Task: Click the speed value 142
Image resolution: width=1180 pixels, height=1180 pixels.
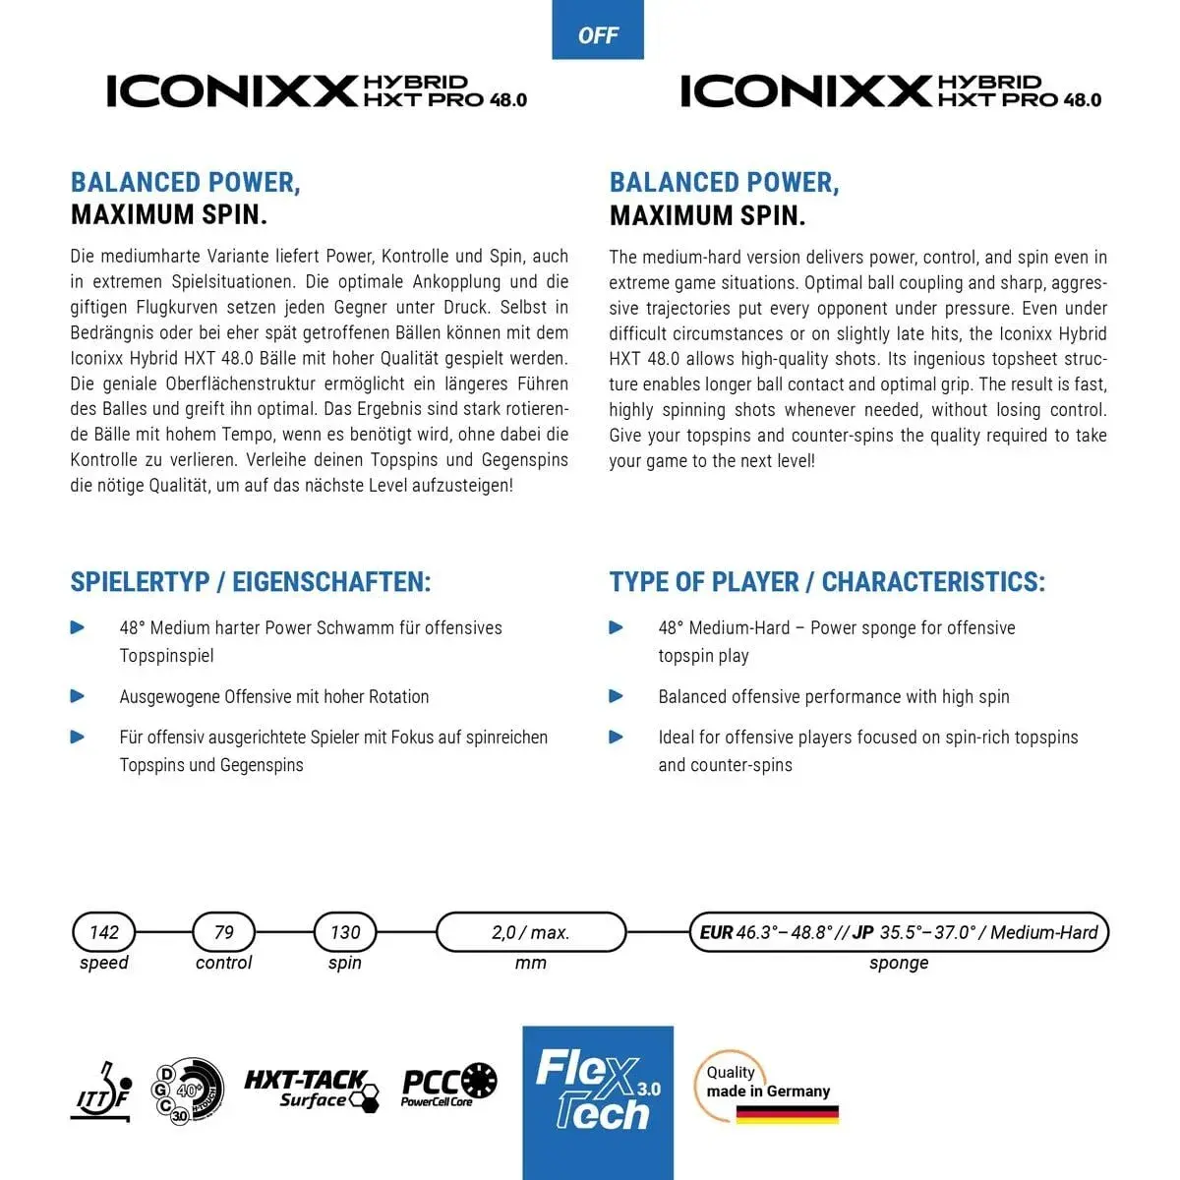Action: (x=103, y=932)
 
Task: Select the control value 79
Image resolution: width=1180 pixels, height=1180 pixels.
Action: (x=224, y=932)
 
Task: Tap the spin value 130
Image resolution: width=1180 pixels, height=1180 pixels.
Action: (x=345, y=932)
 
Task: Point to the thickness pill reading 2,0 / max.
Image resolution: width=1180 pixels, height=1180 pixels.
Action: (x=531, y=932)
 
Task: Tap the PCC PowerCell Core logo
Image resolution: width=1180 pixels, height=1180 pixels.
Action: (x=448, y=1085)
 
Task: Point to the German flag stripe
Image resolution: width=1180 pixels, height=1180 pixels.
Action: (x=787, y=1114)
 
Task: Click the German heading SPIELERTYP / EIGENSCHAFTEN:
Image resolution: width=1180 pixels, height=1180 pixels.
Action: (x=251, y=582)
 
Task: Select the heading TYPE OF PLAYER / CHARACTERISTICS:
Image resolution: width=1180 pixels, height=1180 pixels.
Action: (x=827, y=582)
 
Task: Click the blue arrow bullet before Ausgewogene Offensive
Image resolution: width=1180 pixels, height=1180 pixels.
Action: (x=78, y=696)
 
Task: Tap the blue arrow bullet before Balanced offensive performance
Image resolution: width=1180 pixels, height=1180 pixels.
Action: (x=617, y=696)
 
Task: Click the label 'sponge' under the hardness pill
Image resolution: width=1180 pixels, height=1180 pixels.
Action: (x=899, y=963)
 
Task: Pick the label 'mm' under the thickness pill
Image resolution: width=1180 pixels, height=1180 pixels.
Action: (x=531, y=963)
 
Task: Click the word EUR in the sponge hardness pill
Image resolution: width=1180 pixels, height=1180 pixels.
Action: (x=716, y=932)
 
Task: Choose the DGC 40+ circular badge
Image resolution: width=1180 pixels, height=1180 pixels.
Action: (x=187, y=1091)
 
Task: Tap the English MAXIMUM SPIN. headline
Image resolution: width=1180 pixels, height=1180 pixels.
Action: (x=708, y=215)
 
